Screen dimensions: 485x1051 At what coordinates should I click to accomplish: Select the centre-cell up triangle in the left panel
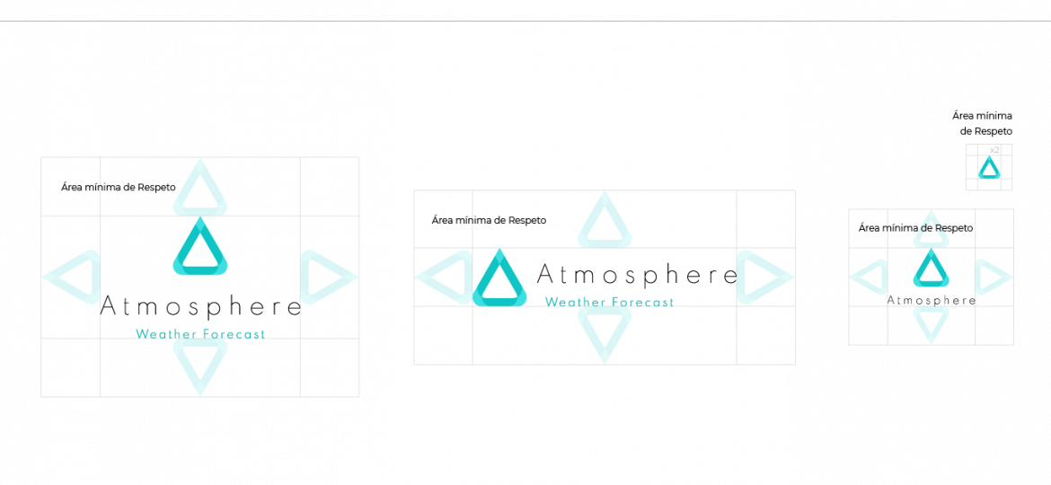pyautogui.click(x=200, y=250)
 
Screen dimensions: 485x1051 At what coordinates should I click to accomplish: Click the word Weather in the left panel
pyautogui.click(x=165, y=334)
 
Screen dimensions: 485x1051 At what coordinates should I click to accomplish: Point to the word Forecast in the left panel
pyautogui.click(x=233, y=334)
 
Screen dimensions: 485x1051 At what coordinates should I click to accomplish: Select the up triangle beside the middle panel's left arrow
pyautogui.click(x=499, y=281)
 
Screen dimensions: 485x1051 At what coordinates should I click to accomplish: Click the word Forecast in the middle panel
pyautogui.click(x=641, y=303)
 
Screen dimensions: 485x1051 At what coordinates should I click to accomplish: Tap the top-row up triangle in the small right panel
pyautogui.click(x=931, y=232)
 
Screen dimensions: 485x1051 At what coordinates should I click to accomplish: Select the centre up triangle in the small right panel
pyautogui.click(x=931, y=270)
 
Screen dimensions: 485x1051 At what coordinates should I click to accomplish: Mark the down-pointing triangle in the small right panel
pyautogui.click(x=931, y=322)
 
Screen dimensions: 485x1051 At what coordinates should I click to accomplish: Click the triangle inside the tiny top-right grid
pyautogui.click(x=989, y=169)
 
